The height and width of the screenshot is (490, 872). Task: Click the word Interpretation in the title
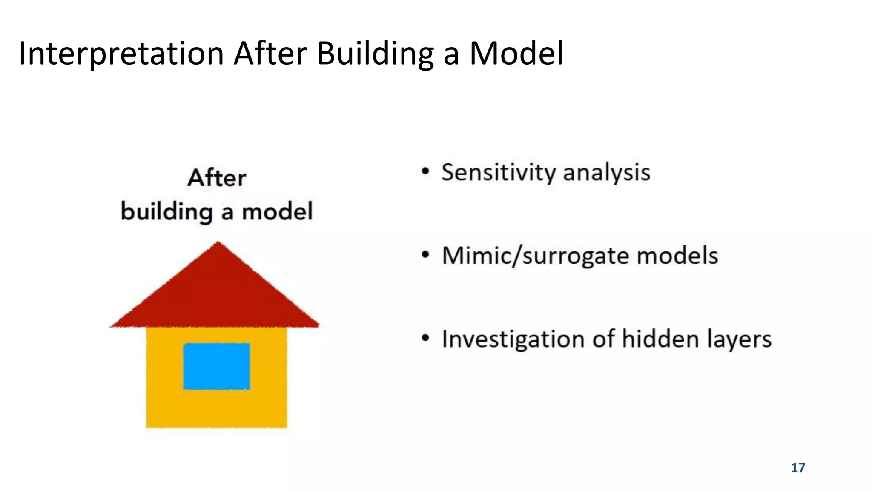[x=121, y=54]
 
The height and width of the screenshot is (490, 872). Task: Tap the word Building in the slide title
[x=375, y=54]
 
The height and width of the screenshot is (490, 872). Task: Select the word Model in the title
[x=516, y=54]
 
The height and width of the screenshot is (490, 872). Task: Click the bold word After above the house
[x=217, y=178]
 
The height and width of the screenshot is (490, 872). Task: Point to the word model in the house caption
[x=277, y=211]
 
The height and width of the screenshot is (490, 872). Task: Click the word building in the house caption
[x=166, y=211]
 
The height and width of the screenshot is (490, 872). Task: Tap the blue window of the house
[x=217, y=366]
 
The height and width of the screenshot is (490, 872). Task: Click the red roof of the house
[x=215, y=298]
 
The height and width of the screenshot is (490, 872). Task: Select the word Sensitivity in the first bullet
[x=498, y=173]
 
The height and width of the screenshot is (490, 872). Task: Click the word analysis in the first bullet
[x=606, y=173]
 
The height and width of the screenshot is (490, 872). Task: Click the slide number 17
[x=798, y=468]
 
